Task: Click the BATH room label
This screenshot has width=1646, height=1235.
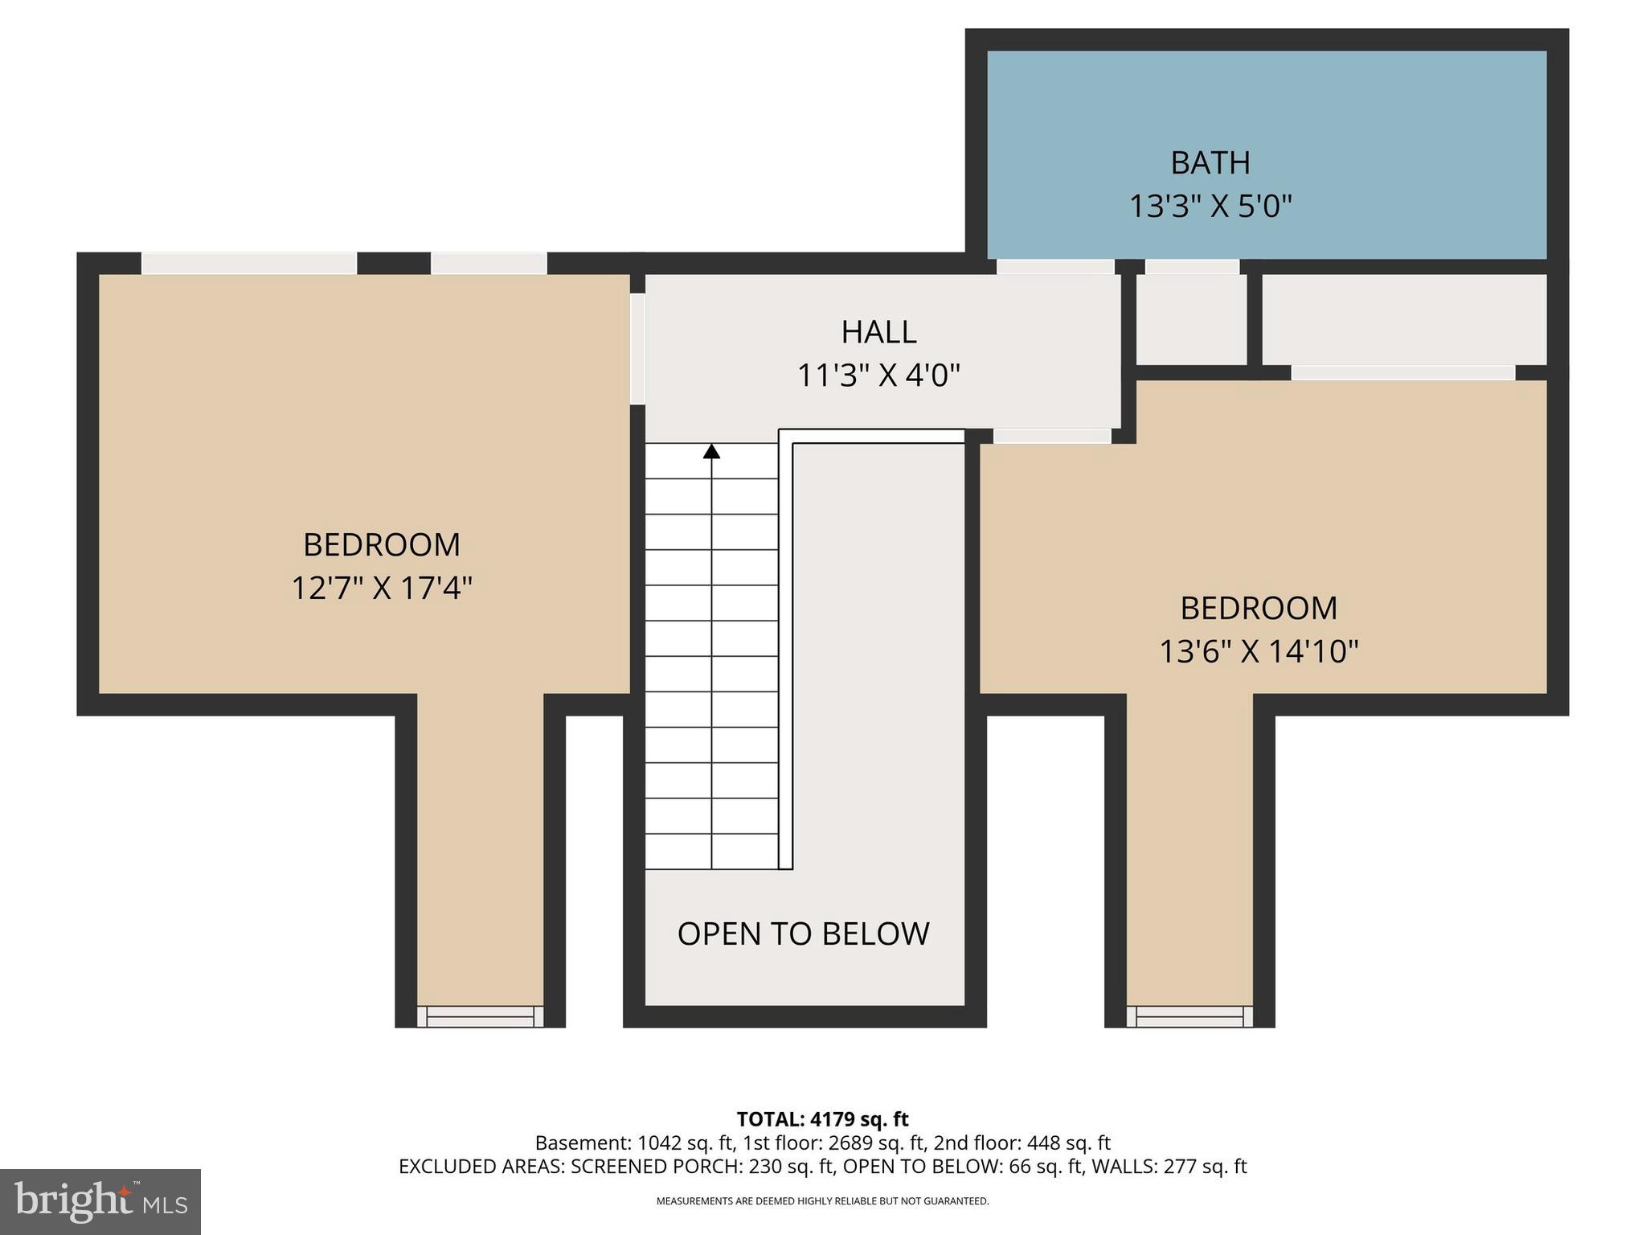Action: [x=1210, y=163]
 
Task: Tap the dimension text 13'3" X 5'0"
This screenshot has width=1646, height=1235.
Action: [x=1210, y=207]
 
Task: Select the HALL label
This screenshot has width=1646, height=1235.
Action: [x=878, y=332]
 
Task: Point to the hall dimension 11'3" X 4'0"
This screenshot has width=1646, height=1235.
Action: [x=878, y=375]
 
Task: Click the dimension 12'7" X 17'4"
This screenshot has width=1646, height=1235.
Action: [x=381, y=589]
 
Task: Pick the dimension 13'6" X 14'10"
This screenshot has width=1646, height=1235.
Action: [x=1258, y=651]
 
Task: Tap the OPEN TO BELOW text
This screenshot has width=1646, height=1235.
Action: [x=803, y=934]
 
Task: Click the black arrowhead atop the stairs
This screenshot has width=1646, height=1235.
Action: [x=711, y=452]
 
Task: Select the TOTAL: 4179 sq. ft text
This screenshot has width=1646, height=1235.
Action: [x=822, y=1119]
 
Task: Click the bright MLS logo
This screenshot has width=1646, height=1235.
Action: [x=100, y=1201]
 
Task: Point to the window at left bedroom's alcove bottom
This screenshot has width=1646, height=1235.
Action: [x=480, y=1016]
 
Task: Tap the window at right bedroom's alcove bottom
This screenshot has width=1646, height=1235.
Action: [x=1189, y=1016]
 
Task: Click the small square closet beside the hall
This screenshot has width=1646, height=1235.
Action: [x=1191, y=320]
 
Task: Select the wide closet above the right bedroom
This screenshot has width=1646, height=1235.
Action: [x=1403, y=320]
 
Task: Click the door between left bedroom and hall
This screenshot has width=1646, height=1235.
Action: [x=637, y=349]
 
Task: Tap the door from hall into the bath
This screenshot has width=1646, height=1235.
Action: [x=1055, y=267]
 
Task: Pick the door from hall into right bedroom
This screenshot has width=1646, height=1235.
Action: [x=1052, y=436]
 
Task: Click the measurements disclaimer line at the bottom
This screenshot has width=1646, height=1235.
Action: [x=822, y=1201]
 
